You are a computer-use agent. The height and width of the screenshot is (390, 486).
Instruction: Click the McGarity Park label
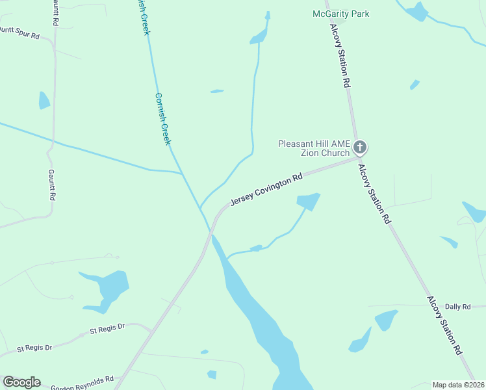pyautogui.click(x=340, y=14)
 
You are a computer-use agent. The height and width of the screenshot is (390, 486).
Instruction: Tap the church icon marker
pyautogui.click(x=360, y=148)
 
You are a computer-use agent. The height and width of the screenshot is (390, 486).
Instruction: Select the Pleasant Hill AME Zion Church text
pyautogui.click(x=314, y=148)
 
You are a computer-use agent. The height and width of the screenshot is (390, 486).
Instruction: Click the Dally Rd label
pyautogui.click(x=457, y=306)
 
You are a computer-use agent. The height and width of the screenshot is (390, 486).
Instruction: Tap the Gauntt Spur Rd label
pyautogui.click(x=19, y=32)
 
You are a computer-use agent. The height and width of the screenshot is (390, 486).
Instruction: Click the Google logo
pyautogui.click(x=21, y=382)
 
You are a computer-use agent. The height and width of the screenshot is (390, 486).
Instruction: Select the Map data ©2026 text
pyautogui.click(x=458, y=385)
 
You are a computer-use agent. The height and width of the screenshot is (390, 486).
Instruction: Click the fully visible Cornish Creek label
pyautogui.click(x=162, y=119)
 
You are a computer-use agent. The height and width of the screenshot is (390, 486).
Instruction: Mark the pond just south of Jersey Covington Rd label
pyautogui.click(x=309, y=201)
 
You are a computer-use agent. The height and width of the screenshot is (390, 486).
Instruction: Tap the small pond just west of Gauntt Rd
pyautogui.click(x=44, y=101)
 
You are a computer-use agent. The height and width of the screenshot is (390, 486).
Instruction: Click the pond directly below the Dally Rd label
pyautogui.click(x=385, y=320)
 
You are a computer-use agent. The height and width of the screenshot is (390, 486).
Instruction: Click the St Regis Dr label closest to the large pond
pyautogui.click(x=107, y=330)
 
